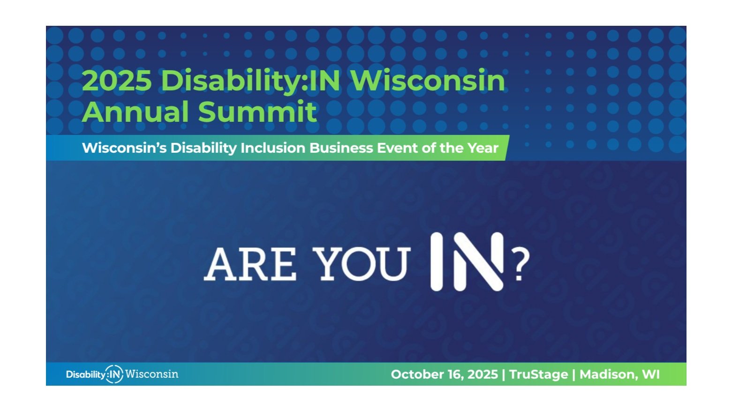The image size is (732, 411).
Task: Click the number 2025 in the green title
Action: point(117,80)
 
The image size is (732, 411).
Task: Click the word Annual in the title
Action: point(136,112)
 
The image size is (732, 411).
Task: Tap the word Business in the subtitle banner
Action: point(341,148)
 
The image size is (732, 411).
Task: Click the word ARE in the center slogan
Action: point(250,264)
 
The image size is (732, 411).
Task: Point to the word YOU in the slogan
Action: point(362,264)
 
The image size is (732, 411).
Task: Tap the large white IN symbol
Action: point(467,262)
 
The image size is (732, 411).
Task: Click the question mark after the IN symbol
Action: point(521,264)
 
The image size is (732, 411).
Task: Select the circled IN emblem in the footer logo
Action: point(114,374)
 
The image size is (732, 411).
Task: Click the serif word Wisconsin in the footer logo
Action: point(151,374)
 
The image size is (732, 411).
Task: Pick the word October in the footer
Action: point(415,374)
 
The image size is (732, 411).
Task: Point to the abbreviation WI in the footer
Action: point(651,374)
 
